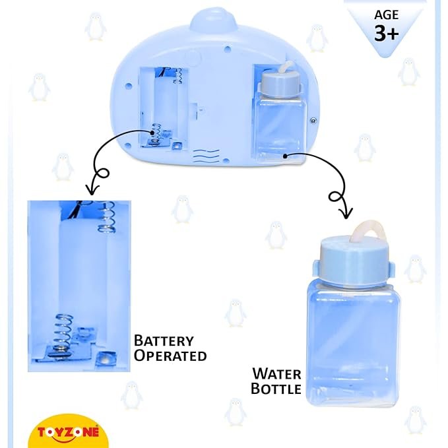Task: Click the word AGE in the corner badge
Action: [x=386, y=15]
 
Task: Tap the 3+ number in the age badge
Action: [x=386, y=33]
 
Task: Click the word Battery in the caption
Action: [x=164, y=341]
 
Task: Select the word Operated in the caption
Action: [x=170, y=356]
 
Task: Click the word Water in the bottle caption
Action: [x=276, y=374]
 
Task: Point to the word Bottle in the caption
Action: [x=276, y=389]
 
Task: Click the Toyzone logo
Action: [x=68, y=432]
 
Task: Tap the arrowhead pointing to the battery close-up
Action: [x=92, y=190]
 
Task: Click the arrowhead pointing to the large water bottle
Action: [x=346, y=213]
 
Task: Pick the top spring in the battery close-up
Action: [x=107, y=216]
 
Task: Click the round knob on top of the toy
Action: [x=213, y=19]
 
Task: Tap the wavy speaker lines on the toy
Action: [x=207, y=156]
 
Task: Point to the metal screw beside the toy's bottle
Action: [x=313, y=121]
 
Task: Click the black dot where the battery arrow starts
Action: [x=152, y=133]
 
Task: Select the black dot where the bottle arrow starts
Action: [x=285, y=156]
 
